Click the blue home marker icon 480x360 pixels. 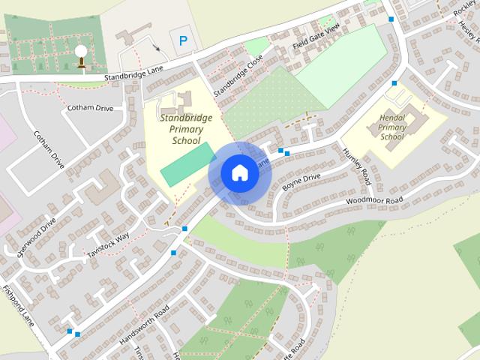point(239,172)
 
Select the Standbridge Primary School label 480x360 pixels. point(186,129)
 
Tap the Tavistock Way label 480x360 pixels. point(108,244)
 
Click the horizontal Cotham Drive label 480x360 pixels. point(90,108)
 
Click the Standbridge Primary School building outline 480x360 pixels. point(180,100)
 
